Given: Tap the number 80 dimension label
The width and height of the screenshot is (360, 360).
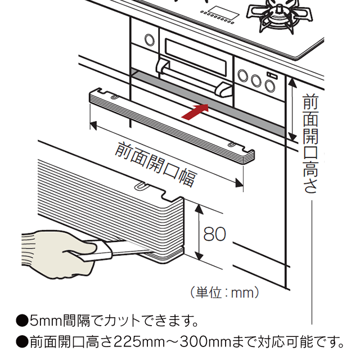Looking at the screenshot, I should pos(214,234).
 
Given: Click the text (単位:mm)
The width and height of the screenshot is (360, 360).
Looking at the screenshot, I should pos(224,292).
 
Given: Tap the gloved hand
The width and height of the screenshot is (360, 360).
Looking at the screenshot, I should pos(53,253).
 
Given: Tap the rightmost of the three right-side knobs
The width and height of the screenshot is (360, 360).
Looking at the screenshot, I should pos(270,85).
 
